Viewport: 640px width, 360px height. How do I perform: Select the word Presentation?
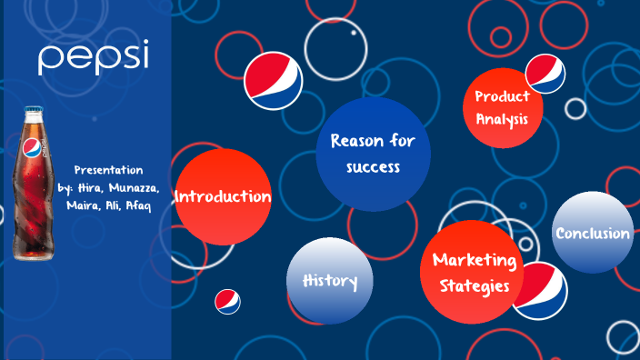pyautogui.click(x=108, y=170)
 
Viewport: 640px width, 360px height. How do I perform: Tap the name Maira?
pyautogui.click(x=84, y=205)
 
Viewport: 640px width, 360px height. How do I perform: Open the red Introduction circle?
pyautogui.click(x=223, y=196)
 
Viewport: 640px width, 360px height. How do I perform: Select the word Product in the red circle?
pyautogui.click(x=502, y=96)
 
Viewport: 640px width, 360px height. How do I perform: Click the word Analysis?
pyautogui.click(x=502, y=117)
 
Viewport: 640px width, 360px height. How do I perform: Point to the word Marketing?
pyautogui.click(x=475, y=261)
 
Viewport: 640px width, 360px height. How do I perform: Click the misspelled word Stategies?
pyautogui.click(x=475, y=286)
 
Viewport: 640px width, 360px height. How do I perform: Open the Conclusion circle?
pyautogui.click(x=593, y=234)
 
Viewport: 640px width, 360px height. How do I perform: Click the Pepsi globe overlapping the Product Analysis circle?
pyautogui.click(x=546, y=73)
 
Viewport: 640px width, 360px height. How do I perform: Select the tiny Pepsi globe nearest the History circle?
pyautogui.click(x=227, y=302)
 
